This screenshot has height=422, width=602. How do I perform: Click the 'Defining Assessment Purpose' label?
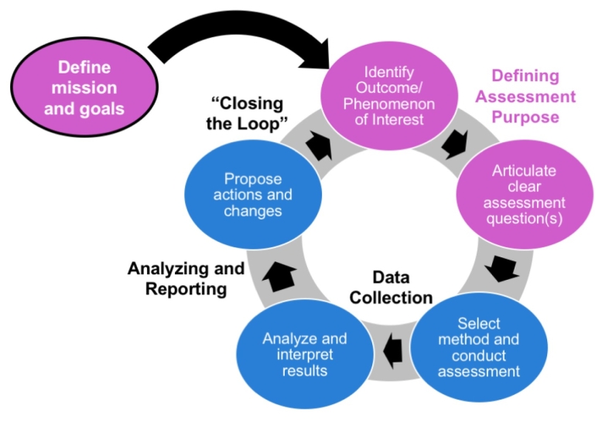[x=525, y=97]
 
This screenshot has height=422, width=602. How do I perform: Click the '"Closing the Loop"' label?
[x=247, y=114]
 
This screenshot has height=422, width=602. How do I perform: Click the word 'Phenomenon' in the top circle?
[x=378, y=104]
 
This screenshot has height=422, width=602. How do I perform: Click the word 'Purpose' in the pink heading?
[x=525, y=117]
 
